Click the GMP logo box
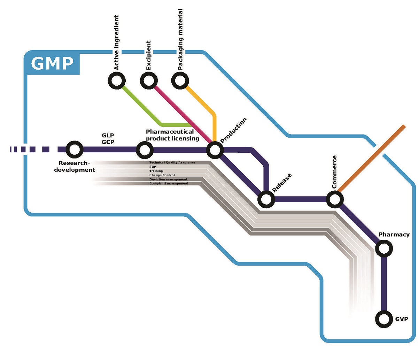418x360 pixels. [52, 64]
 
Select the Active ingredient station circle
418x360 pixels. [116, 81]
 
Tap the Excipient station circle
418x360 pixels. [148, 81]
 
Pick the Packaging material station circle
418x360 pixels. [180, 81]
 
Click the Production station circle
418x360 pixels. [215, 150]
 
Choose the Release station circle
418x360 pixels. [266, 200]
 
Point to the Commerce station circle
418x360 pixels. [335, 200]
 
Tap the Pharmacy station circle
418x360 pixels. [384, 248]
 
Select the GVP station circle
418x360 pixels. [384, 319]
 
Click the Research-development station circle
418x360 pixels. [74, 150]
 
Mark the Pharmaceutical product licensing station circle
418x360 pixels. [144, 150]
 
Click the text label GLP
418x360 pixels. [108, 135]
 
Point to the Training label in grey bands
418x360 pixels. [156, 171]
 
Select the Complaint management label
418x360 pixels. [169, 184]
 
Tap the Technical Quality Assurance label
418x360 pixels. [172, 163]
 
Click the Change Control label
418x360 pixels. [162, 175]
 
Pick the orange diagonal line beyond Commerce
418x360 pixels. [373, 158]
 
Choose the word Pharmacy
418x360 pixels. [394, 235]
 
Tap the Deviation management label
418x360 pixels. [168, 179]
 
